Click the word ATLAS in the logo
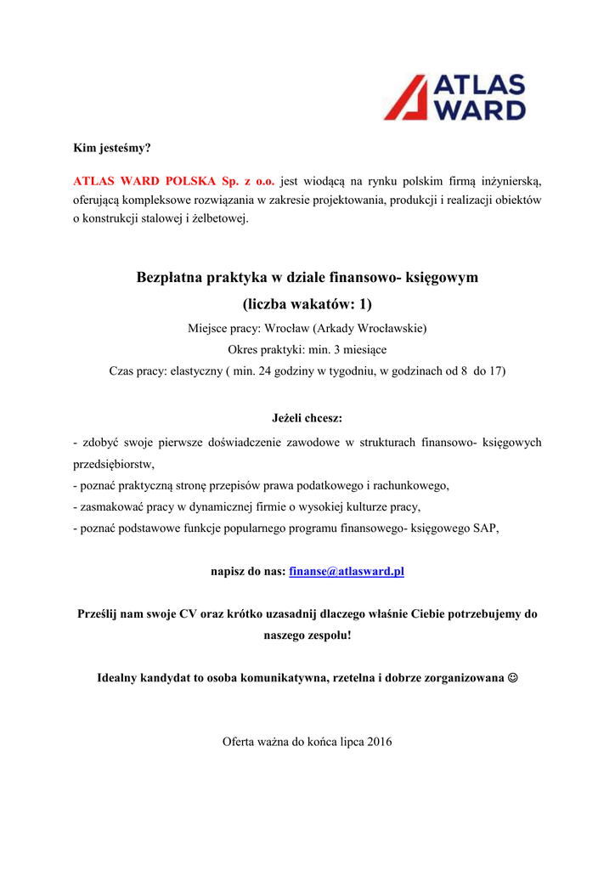click(480, 86)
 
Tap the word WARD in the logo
click(480, 110)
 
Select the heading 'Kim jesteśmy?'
click(112, 148)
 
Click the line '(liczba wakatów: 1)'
click(307, 303)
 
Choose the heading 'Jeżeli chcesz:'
click(307, 418)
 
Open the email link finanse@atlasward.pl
click(347, 571)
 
